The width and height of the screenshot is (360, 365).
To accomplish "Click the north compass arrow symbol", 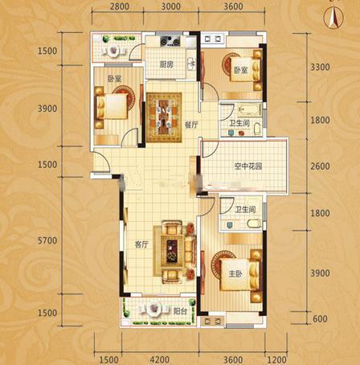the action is pos(333,18).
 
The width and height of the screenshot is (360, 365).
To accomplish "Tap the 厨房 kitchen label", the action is pos(166,64).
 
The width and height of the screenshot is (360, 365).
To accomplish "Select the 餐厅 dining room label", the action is pos(191,125).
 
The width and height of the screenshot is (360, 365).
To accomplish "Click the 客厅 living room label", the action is pos(141,244).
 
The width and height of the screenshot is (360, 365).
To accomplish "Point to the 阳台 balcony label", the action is pos(180,311).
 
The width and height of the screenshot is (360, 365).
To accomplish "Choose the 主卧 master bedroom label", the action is pos(235,273).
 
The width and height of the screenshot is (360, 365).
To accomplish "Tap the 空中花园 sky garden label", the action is pos(248,166).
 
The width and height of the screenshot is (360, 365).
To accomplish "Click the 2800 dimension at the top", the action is pos(120,6).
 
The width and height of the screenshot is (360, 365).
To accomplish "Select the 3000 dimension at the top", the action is pos(171,6).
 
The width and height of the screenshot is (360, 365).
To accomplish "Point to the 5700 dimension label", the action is pos(47,240).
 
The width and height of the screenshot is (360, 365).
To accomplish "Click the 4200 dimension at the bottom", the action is pos(160,359).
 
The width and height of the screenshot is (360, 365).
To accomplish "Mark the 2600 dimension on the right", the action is pos(320,166).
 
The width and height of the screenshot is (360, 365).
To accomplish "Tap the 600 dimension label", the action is pos(320,318).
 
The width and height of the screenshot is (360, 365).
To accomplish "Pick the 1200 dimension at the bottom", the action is pos(276,359).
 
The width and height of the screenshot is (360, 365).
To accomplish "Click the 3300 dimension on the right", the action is pos(320,67).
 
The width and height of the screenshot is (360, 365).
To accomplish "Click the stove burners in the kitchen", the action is pos(170,42).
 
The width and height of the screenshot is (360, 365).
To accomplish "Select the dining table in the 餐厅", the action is pos(164,117).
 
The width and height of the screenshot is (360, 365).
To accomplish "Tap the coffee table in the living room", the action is pos(172,251).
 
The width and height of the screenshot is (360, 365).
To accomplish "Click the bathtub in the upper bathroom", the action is pos(250,110).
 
